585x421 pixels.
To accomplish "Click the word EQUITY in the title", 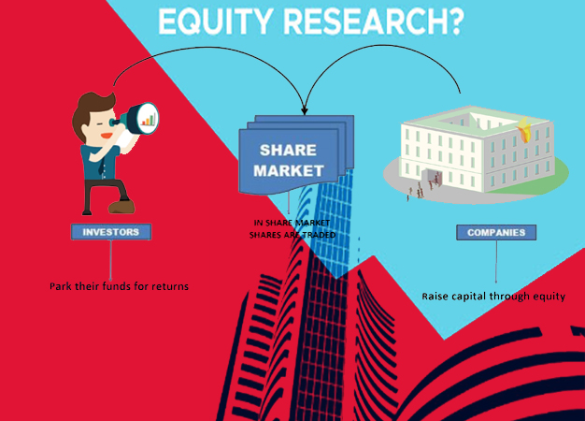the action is click(x=214, y=21).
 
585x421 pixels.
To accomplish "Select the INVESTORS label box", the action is click(x=111, y=232).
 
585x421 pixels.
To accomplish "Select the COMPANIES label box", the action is click(x=496, y=232).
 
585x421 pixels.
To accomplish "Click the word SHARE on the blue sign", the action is click(x=288, y=151).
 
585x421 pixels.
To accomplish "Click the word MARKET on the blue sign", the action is click(x=289, y=170).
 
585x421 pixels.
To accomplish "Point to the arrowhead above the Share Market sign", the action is click(x=305, y=110).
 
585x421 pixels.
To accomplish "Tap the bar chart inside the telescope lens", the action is click(x=148, y=119).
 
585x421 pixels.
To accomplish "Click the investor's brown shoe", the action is click(x=121, y=207).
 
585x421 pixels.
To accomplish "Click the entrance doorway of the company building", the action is click(x=433, y=178).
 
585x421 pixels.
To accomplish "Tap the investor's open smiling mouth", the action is click(x=107, y=136).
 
